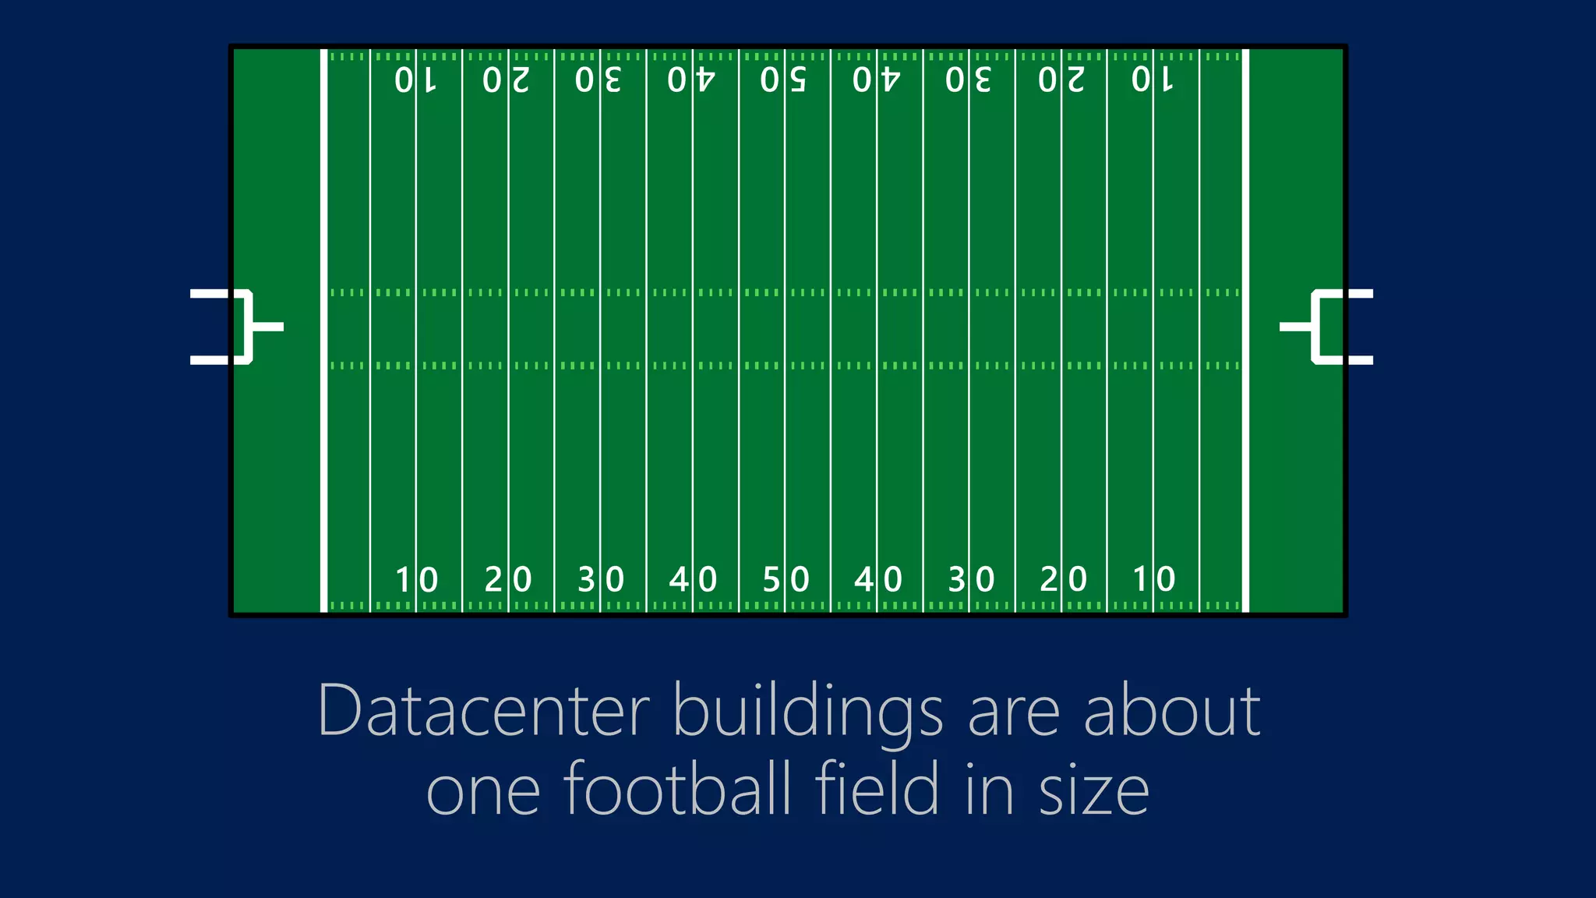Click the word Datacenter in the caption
coord(483,711)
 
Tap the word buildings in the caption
coord(807,711)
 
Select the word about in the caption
coord(1172,711)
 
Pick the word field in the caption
coord(877,789)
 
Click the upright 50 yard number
coord(786,579)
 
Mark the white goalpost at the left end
coord(242,327)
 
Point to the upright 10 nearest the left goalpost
coord(416,579)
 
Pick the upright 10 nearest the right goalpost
coord(1153,579)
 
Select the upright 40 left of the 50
coord(693,579)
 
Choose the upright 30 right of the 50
coord(970,579)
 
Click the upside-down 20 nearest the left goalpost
coord(507,80)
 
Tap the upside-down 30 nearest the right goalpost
coord(969,80)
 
